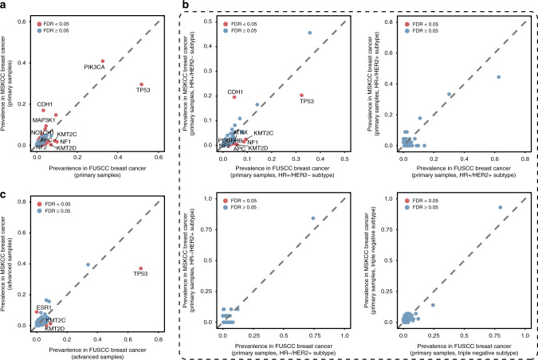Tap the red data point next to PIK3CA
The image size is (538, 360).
(103, 61)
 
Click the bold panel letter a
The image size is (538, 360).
(4, 5)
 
